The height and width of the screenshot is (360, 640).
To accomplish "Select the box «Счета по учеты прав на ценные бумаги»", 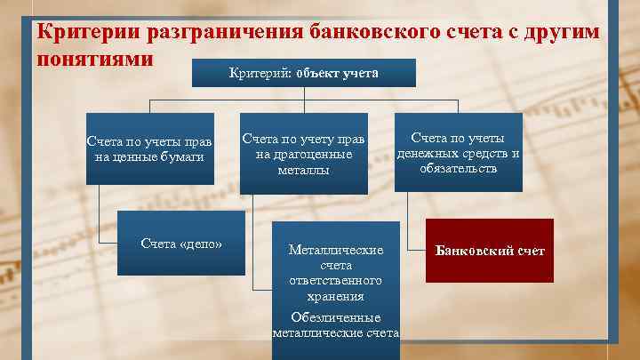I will point(149,148).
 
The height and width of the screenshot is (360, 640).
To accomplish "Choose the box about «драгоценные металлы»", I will point(304,154).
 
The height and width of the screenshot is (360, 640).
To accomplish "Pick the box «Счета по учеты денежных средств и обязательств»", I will point(458,153).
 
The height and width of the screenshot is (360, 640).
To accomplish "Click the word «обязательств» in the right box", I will point(458,168).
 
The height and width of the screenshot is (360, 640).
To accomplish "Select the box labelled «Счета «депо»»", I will point(181,243).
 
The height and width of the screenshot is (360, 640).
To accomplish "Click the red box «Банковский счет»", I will point(489,251).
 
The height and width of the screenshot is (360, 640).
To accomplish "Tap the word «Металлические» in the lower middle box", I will point(336,250).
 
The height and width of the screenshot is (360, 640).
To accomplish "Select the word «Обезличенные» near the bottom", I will point(335,317).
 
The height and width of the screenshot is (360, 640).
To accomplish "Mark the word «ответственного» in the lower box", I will point(335,281).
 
